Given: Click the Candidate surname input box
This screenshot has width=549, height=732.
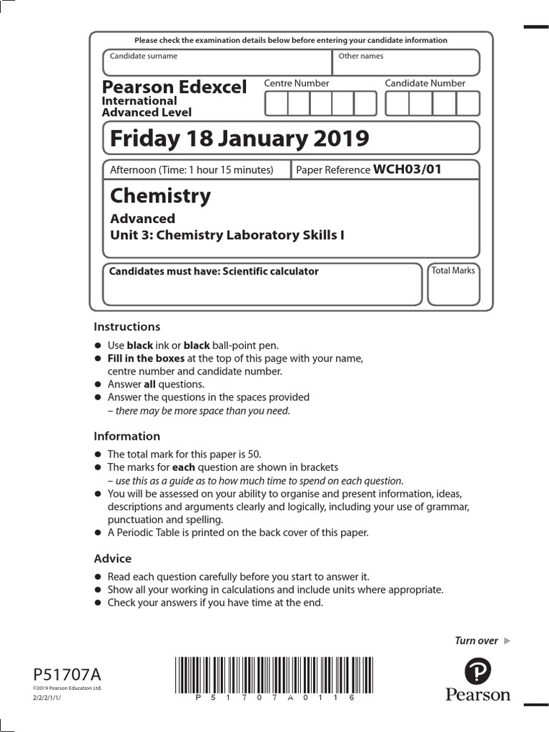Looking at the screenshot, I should coord(217,62).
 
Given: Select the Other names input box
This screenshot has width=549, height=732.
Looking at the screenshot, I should coord(406,62).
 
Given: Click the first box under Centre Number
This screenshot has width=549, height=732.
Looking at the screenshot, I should coord(276,104).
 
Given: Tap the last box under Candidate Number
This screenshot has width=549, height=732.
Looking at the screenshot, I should coord(468,104).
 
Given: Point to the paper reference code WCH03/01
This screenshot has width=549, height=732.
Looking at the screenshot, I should coord(407,169).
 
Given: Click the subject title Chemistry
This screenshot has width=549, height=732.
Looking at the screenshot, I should coord(160,196).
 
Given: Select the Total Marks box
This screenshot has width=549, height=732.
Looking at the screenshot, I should coord(453,285).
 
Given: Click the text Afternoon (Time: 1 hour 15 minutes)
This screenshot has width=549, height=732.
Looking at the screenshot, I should coord(192,170).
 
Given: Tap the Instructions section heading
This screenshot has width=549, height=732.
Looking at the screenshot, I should coord(127,327).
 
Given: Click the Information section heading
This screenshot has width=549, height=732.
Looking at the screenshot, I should coord(127,436).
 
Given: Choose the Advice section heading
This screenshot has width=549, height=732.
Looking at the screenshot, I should coord(113,558).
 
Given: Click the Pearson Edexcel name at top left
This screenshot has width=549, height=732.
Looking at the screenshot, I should coord(174,87).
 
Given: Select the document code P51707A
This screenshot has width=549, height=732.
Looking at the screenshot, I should coord(68,674).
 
